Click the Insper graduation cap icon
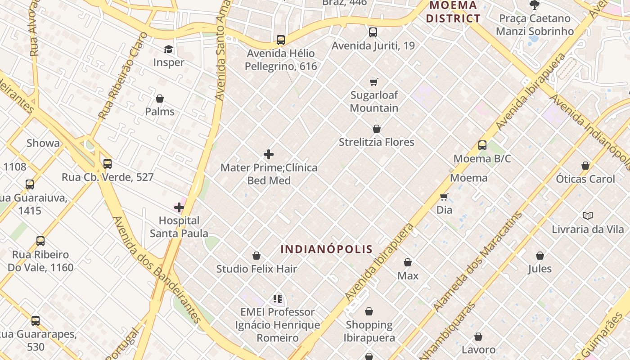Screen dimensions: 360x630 [x=168, y=49]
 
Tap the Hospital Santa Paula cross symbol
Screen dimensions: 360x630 [x=179, y=207]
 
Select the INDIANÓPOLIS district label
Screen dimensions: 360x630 [x=327, y=249]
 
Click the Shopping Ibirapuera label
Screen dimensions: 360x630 [x=369, y=331]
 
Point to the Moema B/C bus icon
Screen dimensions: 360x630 [x=482, y=145]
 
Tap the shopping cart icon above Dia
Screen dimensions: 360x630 [x=444, y=197]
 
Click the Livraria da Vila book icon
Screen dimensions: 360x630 [x=587, y=216]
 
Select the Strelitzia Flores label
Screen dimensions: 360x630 [x=376, y=142]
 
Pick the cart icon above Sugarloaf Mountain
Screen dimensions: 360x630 [x=374, y=82]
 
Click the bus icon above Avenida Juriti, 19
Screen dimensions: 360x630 [x=373, y=32]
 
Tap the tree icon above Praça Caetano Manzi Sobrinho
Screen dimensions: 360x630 [x=535, y=5]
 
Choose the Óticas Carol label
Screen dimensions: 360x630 [x=585, y=179]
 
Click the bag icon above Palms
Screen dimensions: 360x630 [x=160, y=99]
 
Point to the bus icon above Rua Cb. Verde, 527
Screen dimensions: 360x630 [x=108, y=164]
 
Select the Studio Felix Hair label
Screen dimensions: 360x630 [x=256, y=269]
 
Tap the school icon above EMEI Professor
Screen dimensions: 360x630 [x=277, y=299]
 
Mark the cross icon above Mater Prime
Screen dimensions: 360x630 [x=269, y=155]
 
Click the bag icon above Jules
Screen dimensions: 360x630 [x=540, y=256]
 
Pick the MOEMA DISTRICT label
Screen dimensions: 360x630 [x=453, y=12]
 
